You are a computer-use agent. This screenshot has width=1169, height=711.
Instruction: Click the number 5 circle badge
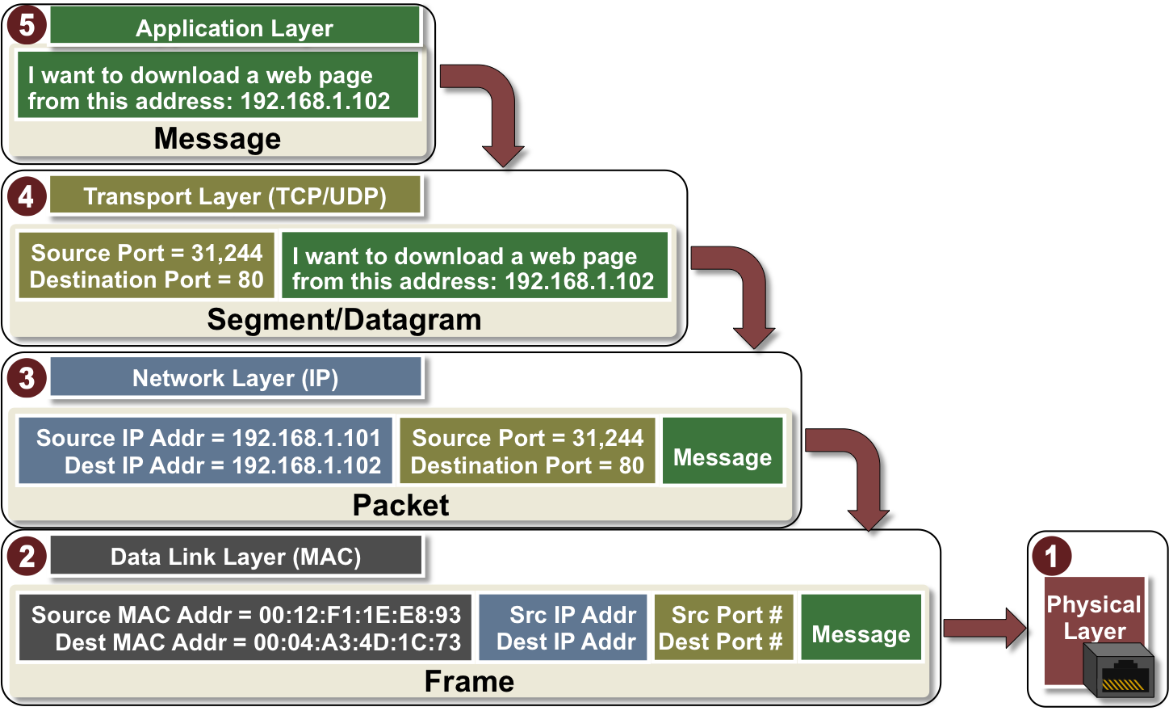click(27, 24)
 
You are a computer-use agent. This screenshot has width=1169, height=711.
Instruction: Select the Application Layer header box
click(234, 28)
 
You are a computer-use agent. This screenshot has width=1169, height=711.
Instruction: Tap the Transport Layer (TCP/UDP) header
click(234, 196)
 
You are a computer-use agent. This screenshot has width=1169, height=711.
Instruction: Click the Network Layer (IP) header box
click(235, 378)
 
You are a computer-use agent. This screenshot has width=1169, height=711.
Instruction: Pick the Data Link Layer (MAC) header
click(235, 557)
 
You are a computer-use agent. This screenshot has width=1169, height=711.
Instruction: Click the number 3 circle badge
click(27, 377)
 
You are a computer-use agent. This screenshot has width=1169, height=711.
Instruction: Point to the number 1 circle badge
click(1051, 556)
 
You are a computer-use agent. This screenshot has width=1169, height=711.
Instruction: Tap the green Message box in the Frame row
click(861, 629)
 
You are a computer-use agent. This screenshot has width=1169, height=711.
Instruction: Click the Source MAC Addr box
click(246, 629)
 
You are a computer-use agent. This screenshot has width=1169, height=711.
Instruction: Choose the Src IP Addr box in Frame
click(564, 629)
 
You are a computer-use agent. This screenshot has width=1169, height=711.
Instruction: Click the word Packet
click(400, 505)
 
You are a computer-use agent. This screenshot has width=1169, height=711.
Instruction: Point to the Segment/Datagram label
click(344, 320)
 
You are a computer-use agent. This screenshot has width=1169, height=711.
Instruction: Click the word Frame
click(469, 682)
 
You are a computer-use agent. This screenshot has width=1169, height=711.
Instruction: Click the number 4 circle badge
click(27, 196)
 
